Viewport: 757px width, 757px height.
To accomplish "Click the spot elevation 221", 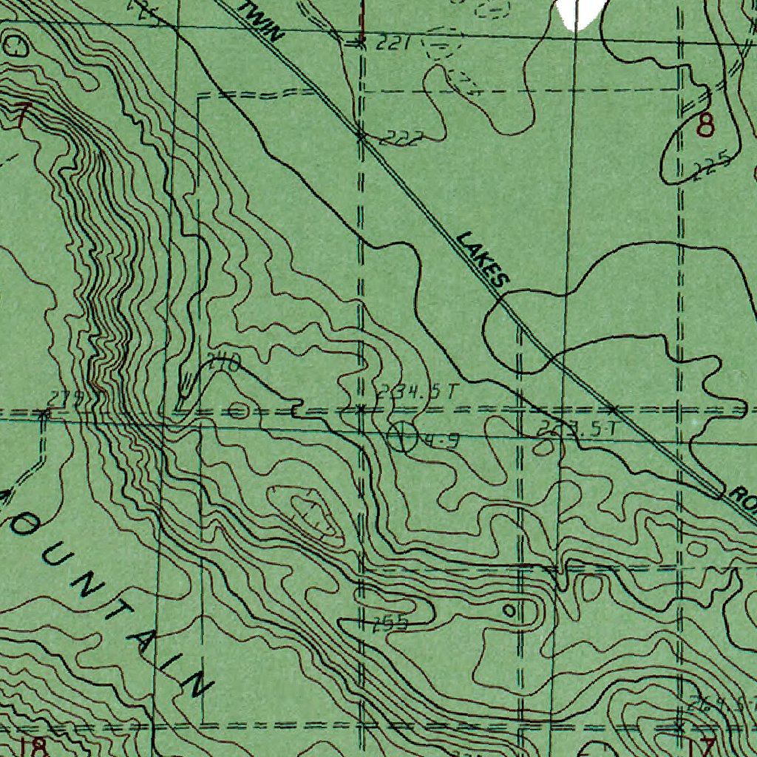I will pyautogui.click(x=393, y=44).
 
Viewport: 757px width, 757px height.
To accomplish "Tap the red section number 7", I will pyautogui.click(x=21, y=115).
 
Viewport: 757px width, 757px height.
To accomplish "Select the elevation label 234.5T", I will pyautogui.click(x=418, y=392).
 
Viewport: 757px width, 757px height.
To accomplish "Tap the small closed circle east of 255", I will pyautogui.click(x=509, y=610).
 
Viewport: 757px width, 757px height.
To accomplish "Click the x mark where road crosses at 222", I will pyautogui.click(x=361, y=136).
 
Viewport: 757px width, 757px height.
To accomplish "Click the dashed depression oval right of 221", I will pyautogui.click(x=439, y=46).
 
